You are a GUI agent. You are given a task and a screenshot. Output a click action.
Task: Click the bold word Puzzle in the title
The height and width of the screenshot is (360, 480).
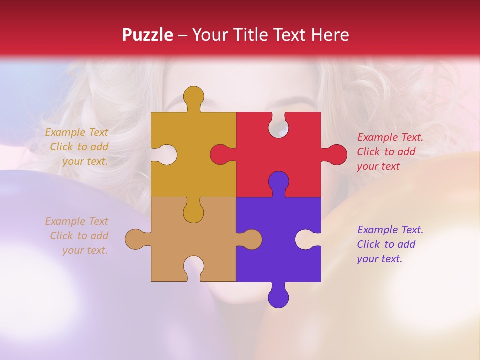click(148, 35)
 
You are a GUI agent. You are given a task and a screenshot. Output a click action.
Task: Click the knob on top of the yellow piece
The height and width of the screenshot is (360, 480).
click(194, 96)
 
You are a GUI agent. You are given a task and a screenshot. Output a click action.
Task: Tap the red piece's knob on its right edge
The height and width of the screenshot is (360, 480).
click(336, 154)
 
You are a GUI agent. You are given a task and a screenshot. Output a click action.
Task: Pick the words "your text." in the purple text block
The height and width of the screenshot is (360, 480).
click(379, 259)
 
